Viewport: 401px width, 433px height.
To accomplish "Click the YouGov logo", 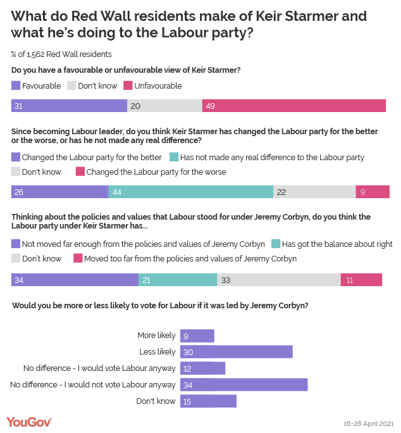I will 28,422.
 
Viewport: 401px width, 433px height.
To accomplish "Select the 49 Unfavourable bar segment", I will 294,106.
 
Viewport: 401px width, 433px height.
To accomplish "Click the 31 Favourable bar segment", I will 69,106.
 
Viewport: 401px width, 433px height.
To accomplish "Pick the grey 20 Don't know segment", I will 164,106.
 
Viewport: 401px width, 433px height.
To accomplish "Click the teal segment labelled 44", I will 190,192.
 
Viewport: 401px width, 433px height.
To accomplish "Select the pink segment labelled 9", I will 373,192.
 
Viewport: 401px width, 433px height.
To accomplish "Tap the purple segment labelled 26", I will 59,192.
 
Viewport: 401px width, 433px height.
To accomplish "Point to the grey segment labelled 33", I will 279,280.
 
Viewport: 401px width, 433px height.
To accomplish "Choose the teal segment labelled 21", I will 178,280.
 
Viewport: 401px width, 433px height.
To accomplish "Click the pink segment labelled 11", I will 361,280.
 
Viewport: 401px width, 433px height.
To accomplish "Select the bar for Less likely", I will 236,352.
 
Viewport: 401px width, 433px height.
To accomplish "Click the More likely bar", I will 197,336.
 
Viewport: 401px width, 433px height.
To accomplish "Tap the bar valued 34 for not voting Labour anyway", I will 244,385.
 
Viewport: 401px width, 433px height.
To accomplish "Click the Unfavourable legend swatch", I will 128,85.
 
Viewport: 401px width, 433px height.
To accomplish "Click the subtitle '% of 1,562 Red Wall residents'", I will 61,54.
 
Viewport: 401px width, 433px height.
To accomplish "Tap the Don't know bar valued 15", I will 208,401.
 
